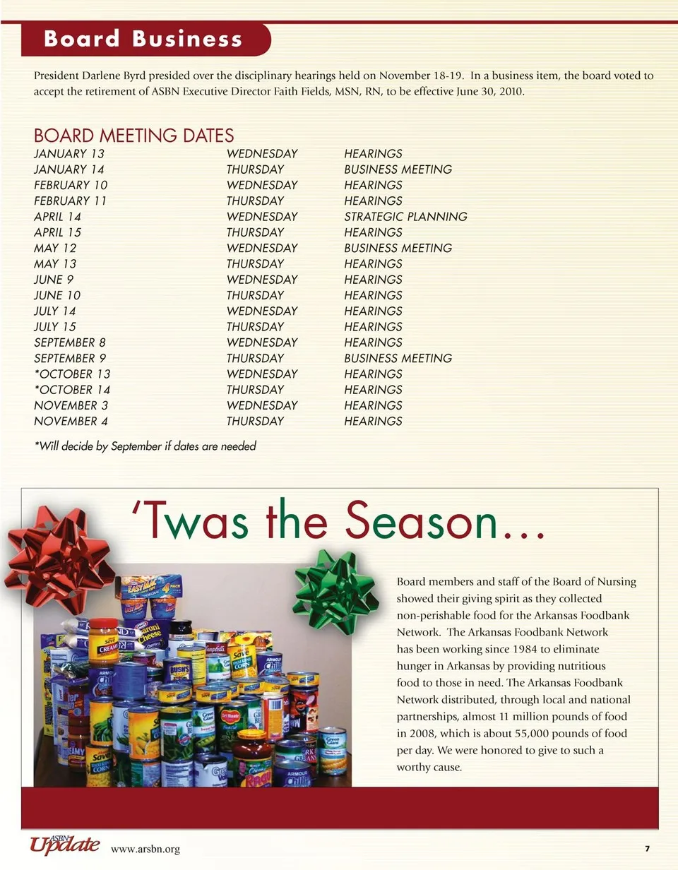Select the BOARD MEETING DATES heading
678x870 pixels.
coord(133,136)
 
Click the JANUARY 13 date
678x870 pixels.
coord(69,154)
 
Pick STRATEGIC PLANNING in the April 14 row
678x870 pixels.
coord(405,217)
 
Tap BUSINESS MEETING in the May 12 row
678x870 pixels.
coord(398,248)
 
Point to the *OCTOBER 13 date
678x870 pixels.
coord(72,374)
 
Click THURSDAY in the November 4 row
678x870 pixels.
coord(255,422)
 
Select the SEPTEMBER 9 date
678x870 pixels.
coord(70,358)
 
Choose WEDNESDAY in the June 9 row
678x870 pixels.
coord(262,280)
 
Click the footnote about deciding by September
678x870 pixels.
coord(145,446)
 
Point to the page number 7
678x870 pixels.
coord(647,848)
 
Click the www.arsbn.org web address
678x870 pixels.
coord(145,849)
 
